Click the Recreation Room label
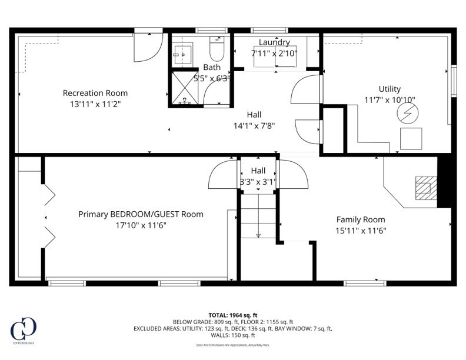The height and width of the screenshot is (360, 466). (x=95, y=93)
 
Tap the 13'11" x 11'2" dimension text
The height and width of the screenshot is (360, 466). (x=95, y=104)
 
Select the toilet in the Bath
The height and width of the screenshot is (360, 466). (x=217, y=48)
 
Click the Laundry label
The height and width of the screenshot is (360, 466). (x=274, y=42)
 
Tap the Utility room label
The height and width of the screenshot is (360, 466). (x=390, y=89)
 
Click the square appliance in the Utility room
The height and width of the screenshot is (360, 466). (x=411, y=138)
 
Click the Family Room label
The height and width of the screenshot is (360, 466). (x=361, y=219)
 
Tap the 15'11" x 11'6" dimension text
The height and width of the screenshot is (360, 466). (x=361, y=231)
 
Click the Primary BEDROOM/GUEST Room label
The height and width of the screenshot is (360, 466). (x=141, y=214)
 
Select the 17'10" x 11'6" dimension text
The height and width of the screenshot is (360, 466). (x=141, y=225)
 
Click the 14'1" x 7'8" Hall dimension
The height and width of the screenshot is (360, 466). (x=254, y=125)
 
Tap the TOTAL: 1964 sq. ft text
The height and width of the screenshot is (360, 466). (x=233, y=315)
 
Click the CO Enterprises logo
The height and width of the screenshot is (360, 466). (x=24, y=329)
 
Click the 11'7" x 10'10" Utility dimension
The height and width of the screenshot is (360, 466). (x=390, y=100)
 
